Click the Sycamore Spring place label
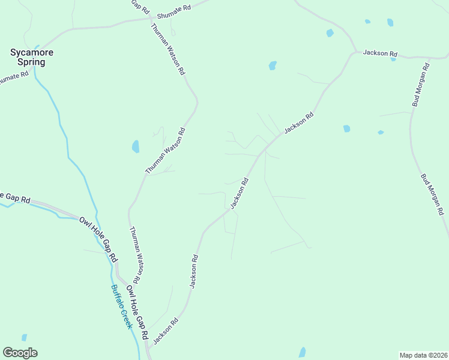32,57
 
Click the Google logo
20,353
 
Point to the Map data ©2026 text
423,355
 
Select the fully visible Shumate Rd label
173,12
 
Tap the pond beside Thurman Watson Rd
136,146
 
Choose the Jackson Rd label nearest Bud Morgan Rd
380,53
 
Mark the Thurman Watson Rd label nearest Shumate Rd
167,49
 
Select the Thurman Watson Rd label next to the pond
165,151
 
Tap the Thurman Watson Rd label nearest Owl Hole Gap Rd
136,256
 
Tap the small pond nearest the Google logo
24,338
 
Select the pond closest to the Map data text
303,352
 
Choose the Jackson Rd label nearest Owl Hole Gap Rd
166,331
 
